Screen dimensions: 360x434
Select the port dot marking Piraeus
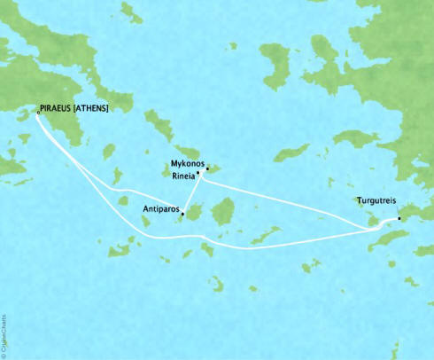tap(37, 113)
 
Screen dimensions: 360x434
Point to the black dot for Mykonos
tap(207, 168)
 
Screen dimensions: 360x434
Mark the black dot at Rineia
tap(198, 174)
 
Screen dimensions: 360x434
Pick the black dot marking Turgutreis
tap(399, 217)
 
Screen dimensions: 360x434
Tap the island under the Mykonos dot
tap(213, 170)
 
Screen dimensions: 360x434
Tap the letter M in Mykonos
tap(173, 163)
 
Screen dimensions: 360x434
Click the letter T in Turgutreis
tap(358, 200)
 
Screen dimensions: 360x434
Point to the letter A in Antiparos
tap(145, 210)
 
